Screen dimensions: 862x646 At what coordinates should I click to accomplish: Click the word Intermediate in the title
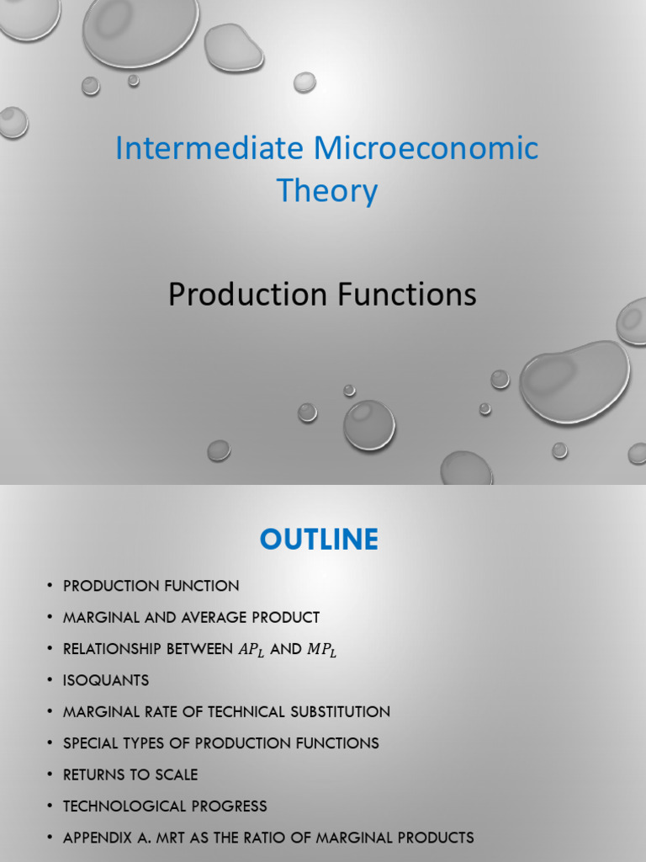coord(210,149)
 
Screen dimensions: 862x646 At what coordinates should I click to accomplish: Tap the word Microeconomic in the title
coord(426,149)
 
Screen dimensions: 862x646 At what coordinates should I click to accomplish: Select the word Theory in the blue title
coord(327,191)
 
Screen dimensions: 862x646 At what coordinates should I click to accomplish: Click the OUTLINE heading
coord(319,540)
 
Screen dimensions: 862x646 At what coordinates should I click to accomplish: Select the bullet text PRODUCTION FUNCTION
coord(151,586)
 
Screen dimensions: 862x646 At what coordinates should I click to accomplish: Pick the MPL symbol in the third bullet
coord(321,650)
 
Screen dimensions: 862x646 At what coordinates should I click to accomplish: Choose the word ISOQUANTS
coord(106,680)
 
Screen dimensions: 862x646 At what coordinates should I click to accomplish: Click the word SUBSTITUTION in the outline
coord(341,711)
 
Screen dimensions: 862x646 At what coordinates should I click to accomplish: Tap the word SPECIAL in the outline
coord(90,743)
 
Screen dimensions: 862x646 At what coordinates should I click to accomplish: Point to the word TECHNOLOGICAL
coord(119,806)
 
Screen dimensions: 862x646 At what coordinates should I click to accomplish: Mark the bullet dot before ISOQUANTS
coord(50,680)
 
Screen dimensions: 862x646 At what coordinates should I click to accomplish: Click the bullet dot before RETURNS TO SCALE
coord(50,774)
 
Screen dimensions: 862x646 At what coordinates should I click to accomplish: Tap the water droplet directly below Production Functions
coord(368,424)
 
